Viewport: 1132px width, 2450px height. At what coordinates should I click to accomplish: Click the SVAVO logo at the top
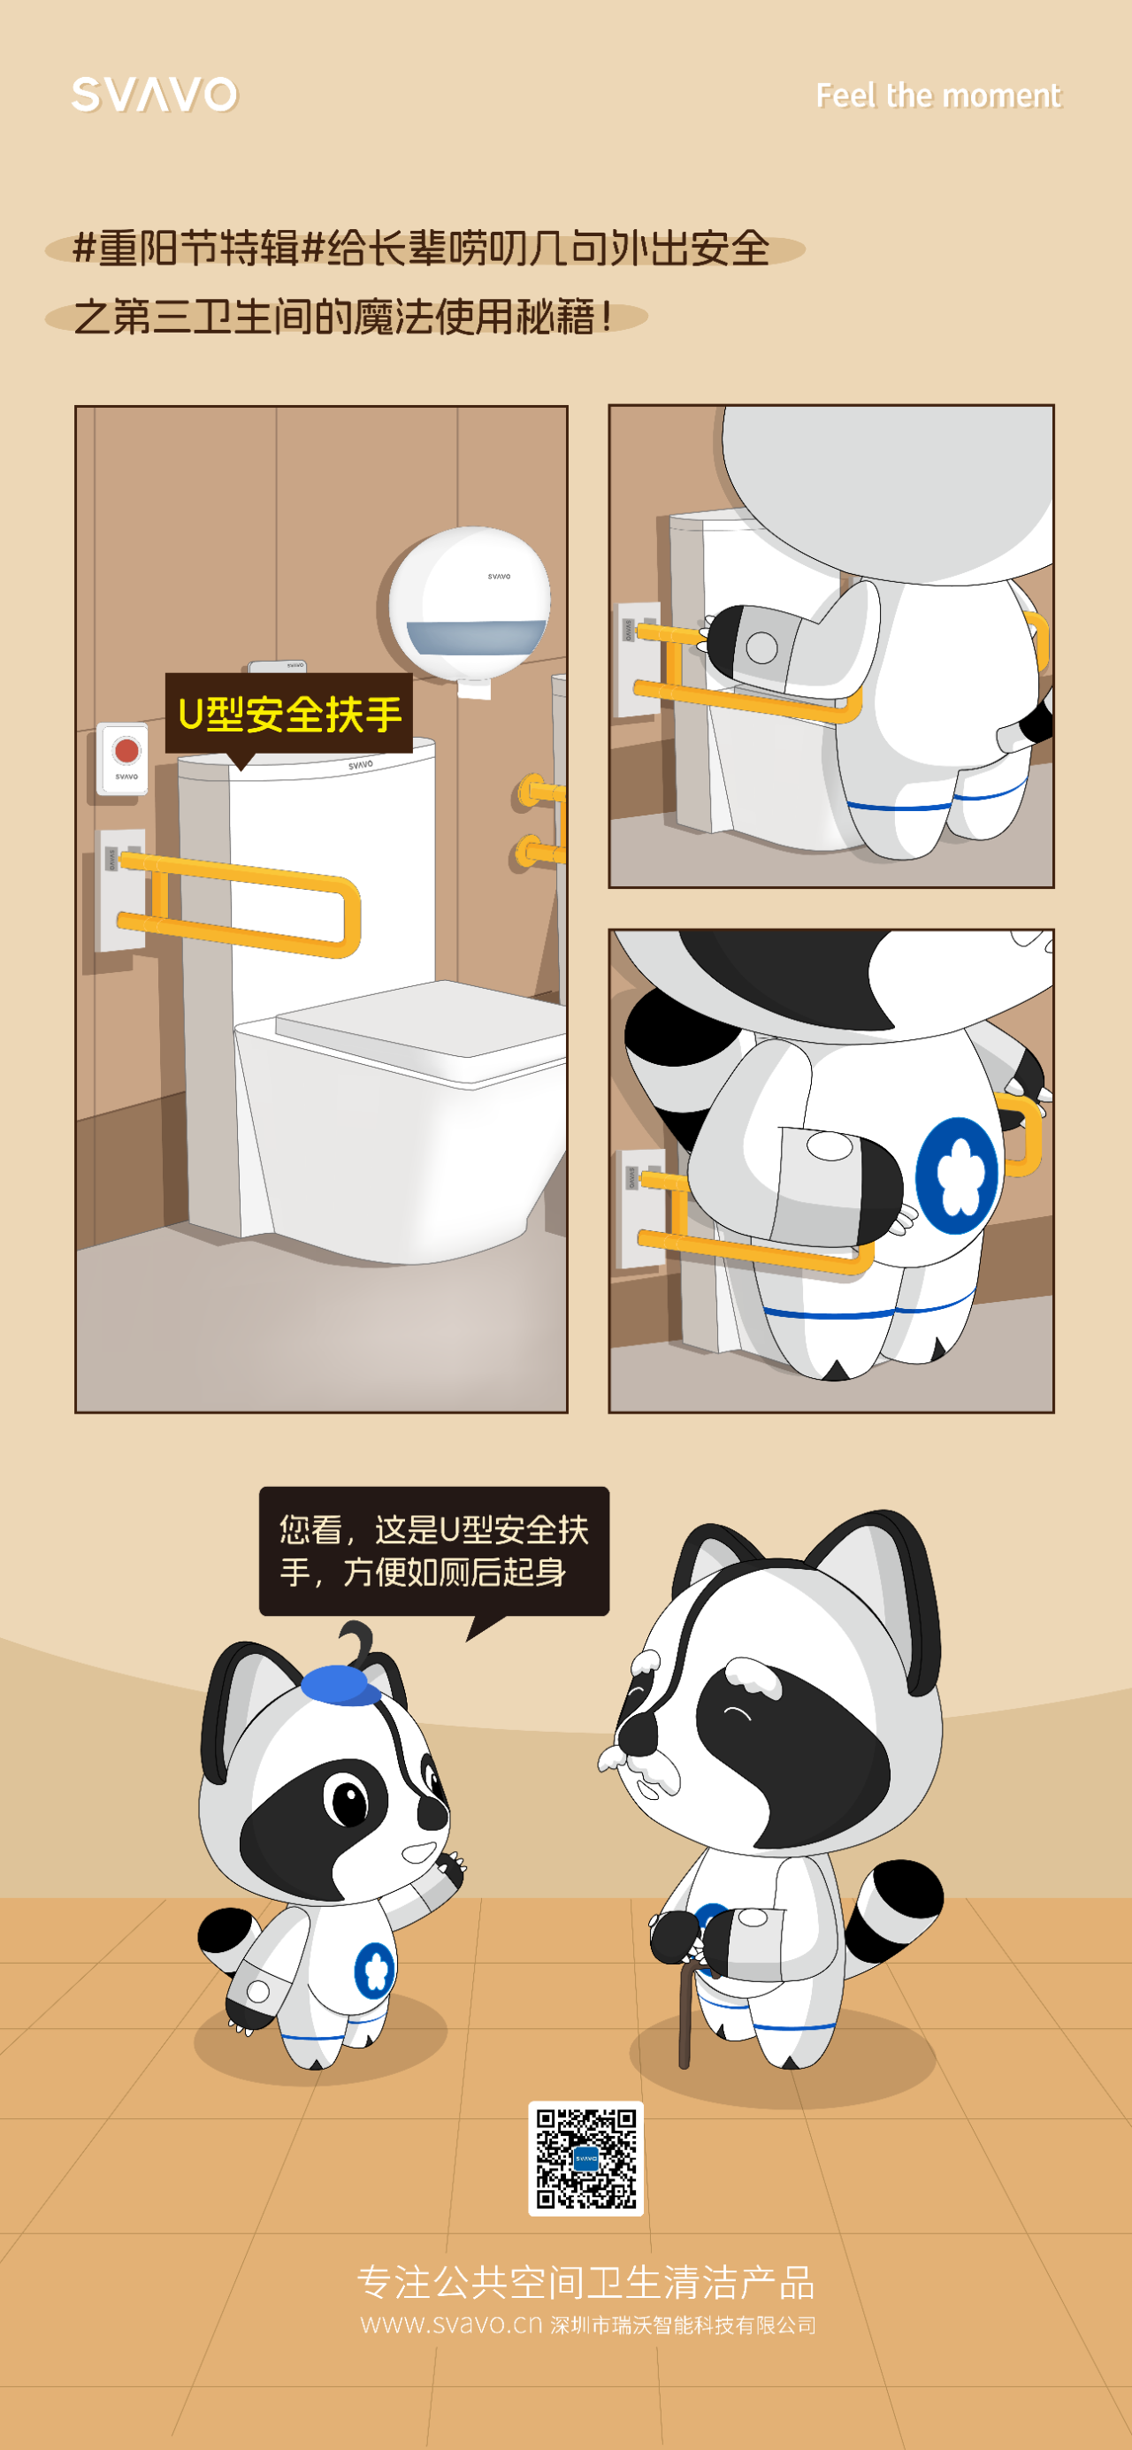pos(155,94)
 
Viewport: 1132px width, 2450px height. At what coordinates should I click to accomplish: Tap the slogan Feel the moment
pos(938,96)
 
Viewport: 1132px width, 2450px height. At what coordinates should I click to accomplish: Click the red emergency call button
pos(126,750)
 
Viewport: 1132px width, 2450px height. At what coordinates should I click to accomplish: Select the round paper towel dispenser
pos(470,606)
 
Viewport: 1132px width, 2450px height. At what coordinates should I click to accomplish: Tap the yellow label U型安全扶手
pos(289,713)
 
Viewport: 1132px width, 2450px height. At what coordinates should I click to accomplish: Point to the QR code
pos(586,2158)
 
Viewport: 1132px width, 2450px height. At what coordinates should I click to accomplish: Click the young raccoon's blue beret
pos(340,1684)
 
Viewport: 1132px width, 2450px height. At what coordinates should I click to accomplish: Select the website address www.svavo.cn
pos(451,2324)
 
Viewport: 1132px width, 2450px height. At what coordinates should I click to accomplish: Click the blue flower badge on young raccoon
pos(374,1969)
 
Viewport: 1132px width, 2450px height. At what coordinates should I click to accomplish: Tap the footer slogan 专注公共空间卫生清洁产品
pos(586,2282)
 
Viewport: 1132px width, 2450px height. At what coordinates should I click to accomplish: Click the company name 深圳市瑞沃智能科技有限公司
pos(683,2325)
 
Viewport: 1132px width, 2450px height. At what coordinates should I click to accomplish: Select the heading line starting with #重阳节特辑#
pos(422,249)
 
